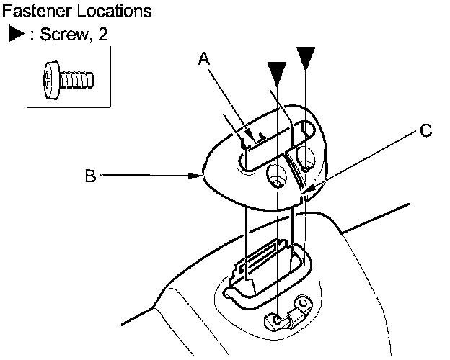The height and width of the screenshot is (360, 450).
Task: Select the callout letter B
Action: point(90,176)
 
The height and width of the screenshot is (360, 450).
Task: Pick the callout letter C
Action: point(426,130)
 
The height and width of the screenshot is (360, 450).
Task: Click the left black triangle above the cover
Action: point(276,71)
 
